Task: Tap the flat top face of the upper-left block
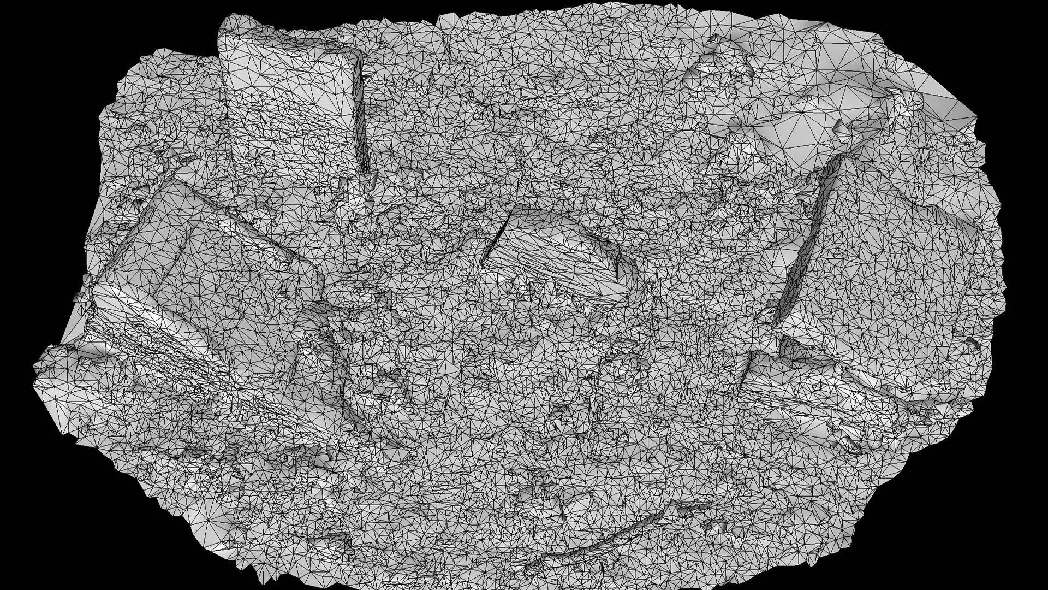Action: tap(289, 82)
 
